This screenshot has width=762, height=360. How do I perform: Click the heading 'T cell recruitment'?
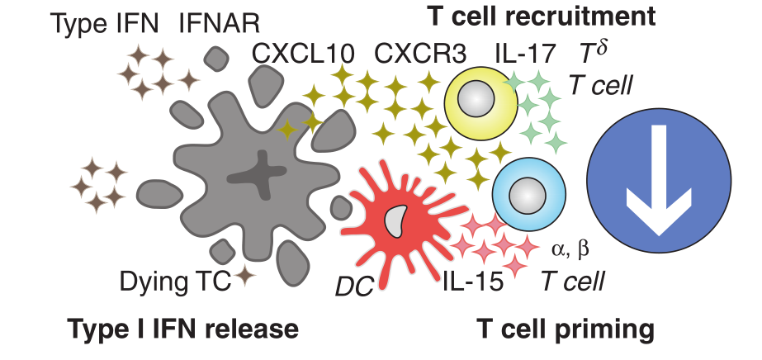point(542,14)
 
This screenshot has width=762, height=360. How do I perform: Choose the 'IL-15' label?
point(473,282)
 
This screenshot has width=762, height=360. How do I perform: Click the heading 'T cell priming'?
point(566,329)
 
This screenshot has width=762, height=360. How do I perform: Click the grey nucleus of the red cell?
point(398,220)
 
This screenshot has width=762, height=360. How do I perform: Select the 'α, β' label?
point(570,248)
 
